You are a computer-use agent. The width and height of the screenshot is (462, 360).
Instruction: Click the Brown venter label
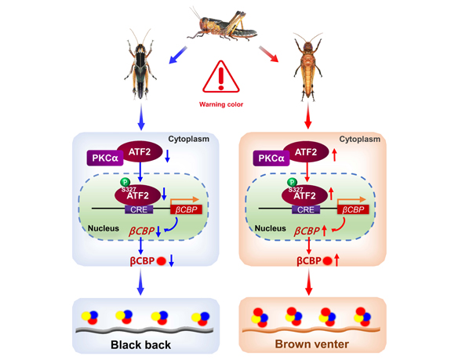pyautogui.click(x=311, y=343)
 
